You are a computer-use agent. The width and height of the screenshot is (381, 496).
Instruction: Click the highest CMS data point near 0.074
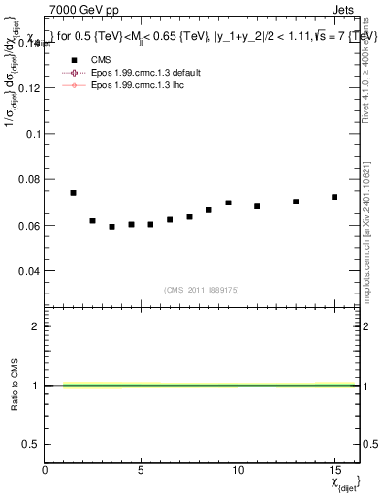point(73,193)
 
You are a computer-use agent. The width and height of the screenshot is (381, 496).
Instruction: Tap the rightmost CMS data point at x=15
point(334,197)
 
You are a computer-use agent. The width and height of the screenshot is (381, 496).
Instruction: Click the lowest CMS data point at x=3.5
point(111,227)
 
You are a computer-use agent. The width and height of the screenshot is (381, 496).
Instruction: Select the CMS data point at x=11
point(257,206)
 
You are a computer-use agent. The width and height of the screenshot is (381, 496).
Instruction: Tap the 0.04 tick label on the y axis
point(29,271)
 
